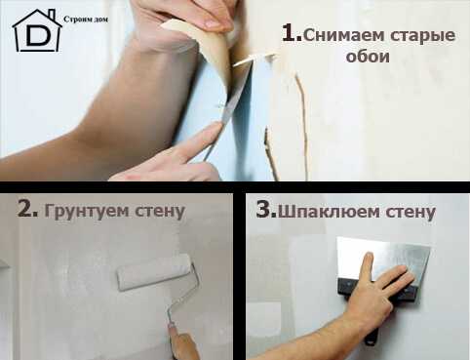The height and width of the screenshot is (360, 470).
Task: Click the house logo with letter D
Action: [x=37, y=31]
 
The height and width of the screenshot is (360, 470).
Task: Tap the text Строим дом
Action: [x=86, y=20]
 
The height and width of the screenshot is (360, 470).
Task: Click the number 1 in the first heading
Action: [x=292, y=33]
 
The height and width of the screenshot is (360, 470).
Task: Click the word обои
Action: [x=368, y=56]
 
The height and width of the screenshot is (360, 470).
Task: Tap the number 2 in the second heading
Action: [x=27, y=209]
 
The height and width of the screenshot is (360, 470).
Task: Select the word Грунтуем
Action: [x=87, y=212]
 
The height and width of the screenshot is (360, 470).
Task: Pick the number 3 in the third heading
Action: [x=266, y=209]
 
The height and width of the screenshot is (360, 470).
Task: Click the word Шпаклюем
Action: [x=329, y=212]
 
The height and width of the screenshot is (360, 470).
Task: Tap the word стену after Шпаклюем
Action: [x=411, y=212]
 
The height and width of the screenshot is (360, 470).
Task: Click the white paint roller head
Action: [x=154, y=272]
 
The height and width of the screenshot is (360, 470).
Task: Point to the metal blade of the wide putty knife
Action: [x=383, y=259]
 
